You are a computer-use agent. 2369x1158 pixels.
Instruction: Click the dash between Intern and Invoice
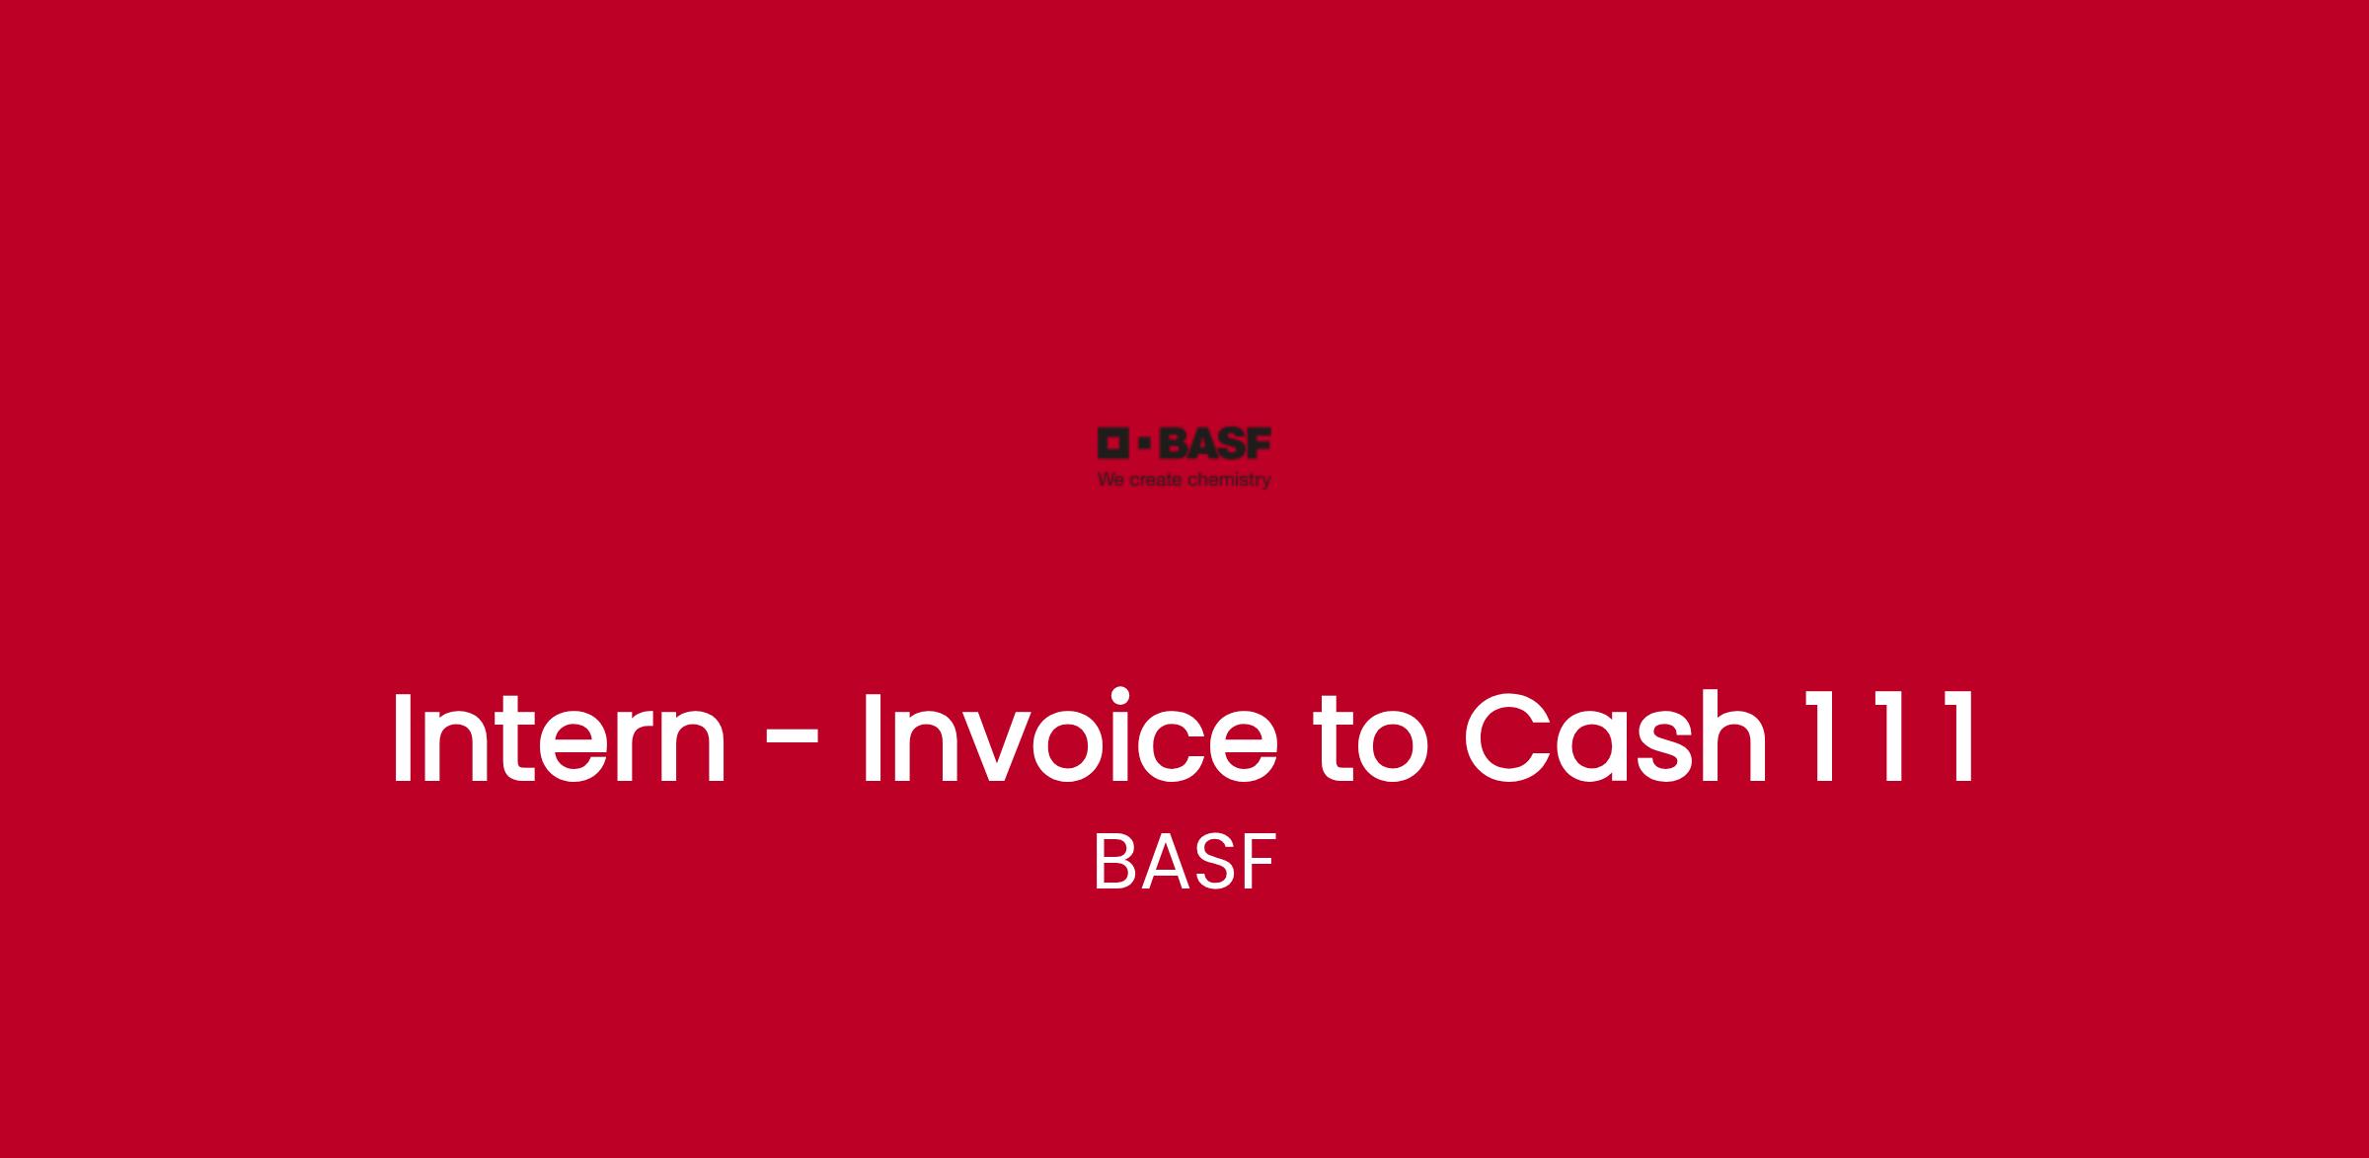click(x=793, y=742)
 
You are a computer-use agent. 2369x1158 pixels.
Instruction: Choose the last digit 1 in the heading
click(x=1956, y=737)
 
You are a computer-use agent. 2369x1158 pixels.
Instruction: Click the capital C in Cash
click(x=1506, y=737)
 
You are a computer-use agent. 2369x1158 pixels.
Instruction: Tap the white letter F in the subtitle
click(x=1261, y=862)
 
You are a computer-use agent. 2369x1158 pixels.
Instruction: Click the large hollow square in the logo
click(x=1113, y=443)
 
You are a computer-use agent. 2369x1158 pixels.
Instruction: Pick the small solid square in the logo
click(x=1145, y=443)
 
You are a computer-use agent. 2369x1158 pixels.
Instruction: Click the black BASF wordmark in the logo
click(x=1215, y=443)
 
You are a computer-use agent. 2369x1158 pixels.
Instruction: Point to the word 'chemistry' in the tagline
click(x=1229, y=481)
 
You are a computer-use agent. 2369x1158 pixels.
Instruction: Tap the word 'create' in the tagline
click(x=1156, y=481)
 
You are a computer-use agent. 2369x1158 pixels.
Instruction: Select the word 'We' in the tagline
click(x=1110, y=481)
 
